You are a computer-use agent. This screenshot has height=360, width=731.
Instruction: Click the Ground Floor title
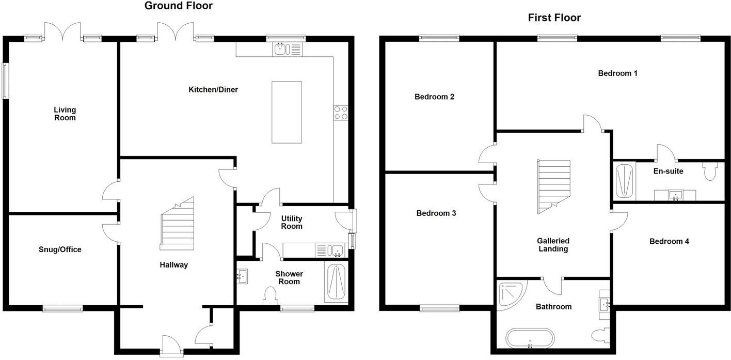point(178,6)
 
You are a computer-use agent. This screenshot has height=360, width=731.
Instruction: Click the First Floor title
point(554,18)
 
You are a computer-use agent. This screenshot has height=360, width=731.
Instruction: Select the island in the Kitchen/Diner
point(287,112)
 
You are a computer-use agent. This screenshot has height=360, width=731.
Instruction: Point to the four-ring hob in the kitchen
point(341,113)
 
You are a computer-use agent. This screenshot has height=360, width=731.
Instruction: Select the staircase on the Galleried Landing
point(554,186)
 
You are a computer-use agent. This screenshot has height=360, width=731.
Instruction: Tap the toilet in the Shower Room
point(270,296)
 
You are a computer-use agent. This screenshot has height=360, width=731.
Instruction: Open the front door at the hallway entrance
point(171,346)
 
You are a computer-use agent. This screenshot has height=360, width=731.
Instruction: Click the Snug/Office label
point(60,249)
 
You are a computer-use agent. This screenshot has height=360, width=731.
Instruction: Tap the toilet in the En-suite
point(710,171)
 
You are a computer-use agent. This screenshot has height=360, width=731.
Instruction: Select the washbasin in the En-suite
point(674,195)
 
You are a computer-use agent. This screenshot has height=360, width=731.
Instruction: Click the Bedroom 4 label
point(669,241)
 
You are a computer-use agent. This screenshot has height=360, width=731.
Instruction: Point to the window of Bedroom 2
point(439,38)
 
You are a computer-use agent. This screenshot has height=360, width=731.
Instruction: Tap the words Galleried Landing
point(553,245)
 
